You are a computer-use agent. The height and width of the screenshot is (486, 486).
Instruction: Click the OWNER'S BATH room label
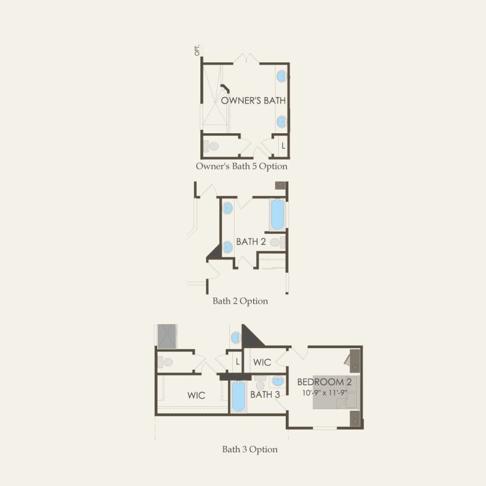coord(253,101)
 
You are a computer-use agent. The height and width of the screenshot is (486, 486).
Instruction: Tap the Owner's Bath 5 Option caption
coord(242,166)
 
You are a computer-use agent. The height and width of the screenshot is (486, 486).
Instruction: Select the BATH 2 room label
coord(251,242)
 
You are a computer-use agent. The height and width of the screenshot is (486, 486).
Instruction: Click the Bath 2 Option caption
coord(240,301)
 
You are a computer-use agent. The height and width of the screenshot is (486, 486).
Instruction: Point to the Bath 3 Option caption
coord(250,449)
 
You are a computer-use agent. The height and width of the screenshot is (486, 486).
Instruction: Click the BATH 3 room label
coord(265,395)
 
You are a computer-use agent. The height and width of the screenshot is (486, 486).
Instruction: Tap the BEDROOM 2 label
coord(324,382)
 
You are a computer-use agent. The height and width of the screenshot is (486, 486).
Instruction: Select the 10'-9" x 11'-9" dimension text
coord(325,393)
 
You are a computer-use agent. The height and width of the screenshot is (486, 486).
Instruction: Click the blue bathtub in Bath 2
coord(278,215)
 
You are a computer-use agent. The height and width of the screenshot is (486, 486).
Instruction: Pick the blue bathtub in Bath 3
coord(239,397)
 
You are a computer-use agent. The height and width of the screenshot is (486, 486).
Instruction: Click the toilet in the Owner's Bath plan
coord(211,146)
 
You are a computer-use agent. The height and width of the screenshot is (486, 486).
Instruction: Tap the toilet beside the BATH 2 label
coord(277,242)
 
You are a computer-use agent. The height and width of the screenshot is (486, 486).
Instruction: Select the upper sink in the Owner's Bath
coord(282,76)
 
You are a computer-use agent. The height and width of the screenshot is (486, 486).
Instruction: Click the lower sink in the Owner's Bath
coord(282,122)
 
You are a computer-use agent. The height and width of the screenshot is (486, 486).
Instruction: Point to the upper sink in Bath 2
coord(228,208)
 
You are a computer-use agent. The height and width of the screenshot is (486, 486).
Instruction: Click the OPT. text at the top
coord(197,51)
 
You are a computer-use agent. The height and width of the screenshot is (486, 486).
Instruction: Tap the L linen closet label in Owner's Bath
coord(283,146)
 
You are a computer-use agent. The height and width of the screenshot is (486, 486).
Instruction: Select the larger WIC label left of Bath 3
coord(196,396)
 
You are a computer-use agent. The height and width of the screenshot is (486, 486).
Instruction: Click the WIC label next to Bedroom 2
coord(262,362)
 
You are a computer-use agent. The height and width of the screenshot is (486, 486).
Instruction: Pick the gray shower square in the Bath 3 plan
coord(167,336)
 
